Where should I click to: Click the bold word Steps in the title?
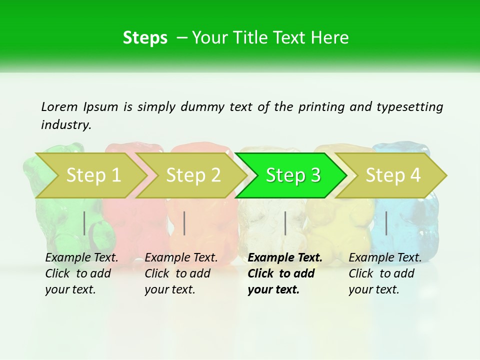click(145, 37)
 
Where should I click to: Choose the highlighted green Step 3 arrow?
click(293, 175)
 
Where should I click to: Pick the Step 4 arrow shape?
click(393, 175)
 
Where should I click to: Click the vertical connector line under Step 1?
click(84, 223)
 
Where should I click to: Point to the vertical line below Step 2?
click(184, 223)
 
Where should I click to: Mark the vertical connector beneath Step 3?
click(285, 223)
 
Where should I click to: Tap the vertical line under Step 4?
click(386, 223)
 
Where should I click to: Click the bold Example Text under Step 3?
click(285, 258)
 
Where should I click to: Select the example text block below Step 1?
click(81, 273)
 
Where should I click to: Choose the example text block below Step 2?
click(180, 273)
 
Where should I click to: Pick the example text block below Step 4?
click(384, 273)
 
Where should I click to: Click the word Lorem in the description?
click(59, 107)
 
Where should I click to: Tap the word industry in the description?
click(65, 125)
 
